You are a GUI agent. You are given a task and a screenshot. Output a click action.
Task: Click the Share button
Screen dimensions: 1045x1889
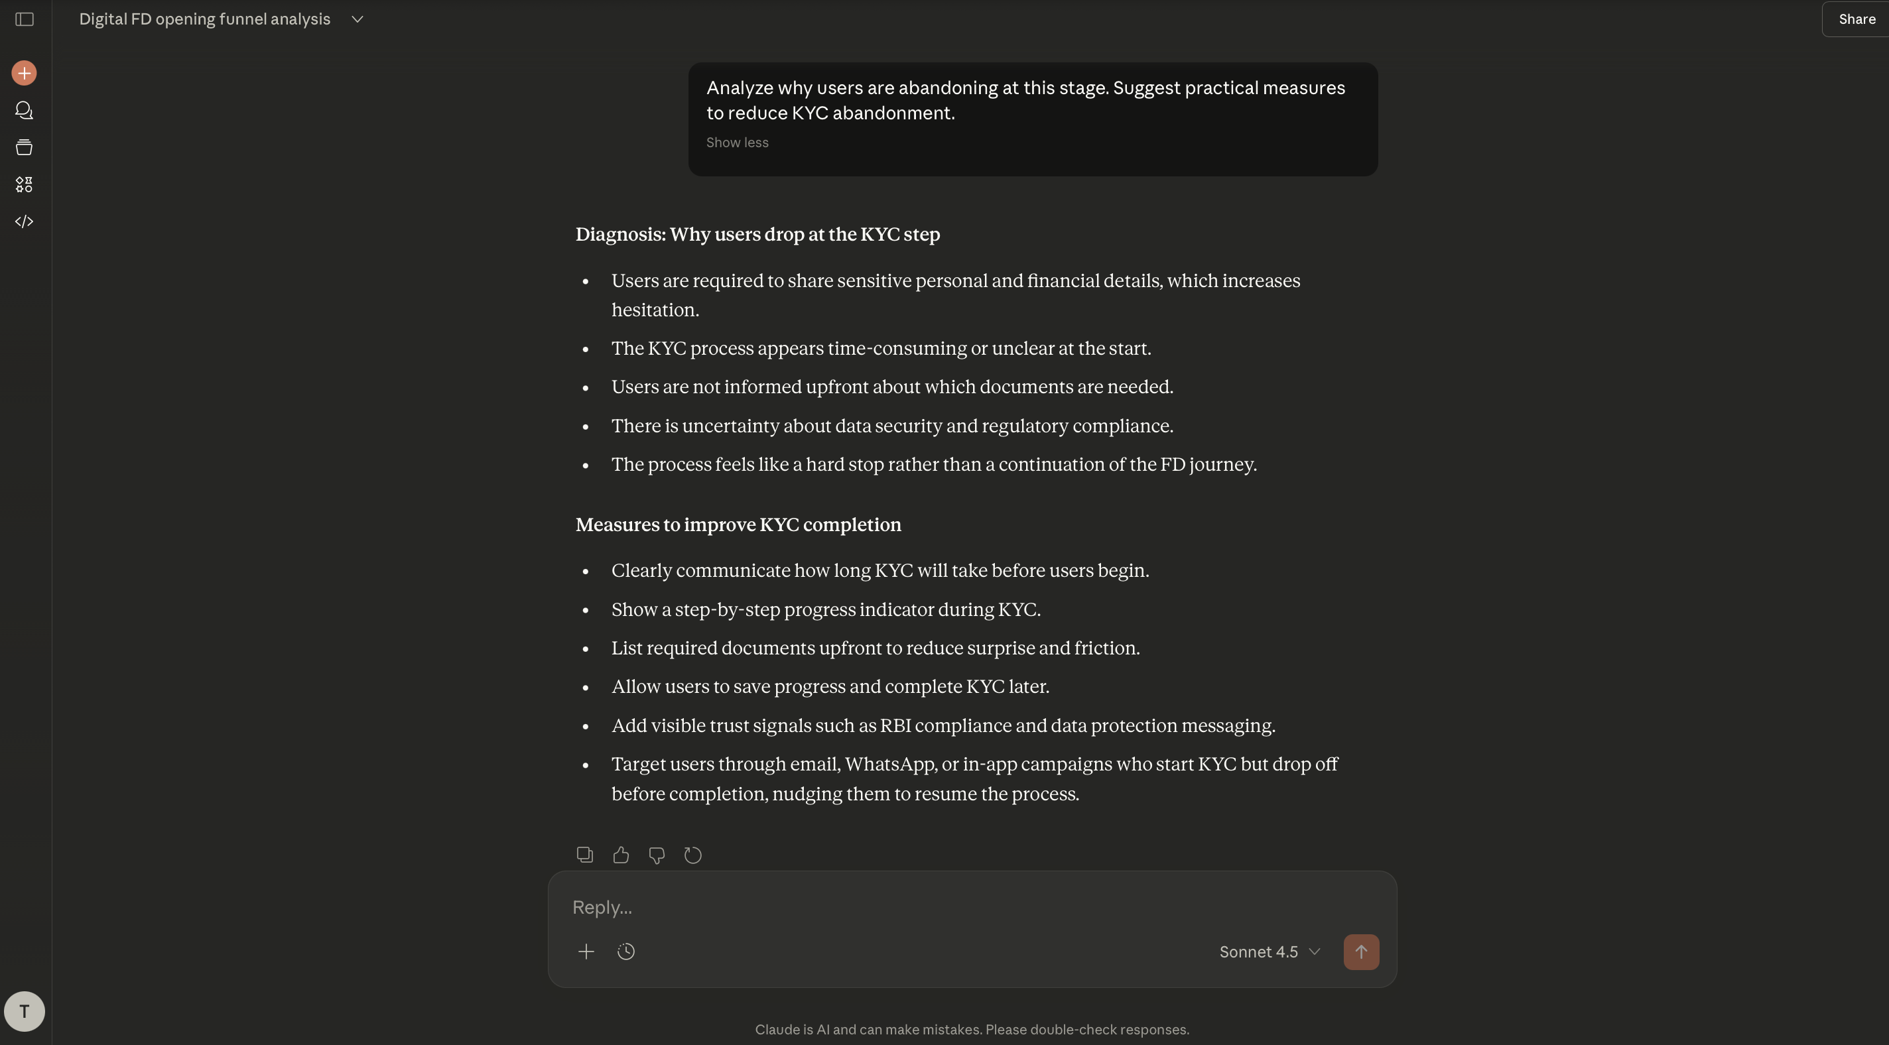(1855, 20)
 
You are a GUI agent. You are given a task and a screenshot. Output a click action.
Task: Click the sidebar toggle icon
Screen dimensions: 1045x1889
(24, 20)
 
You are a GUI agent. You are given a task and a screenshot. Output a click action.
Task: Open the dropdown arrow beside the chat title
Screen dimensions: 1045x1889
(357, 20)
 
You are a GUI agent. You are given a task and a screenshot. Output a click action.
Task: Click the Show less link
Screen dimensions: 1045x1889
(737, 143)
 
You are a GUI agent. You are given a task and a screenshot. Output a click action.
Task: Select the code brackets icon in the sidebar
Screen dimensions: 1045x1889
(24, 221)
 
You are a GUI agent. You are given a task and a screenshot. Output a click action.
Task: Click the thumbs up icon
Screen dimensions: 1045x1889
(620, 855)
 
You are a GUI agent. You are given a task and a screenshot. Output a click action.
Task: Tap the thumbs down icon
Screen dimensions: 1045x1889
(657, 855)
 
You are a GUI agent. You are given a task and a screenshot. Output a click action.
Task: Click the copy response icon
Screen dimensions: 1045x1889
(584, 855)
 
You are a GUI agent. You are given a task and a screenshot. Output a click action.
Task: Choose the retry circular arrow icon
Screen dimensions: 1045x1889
(692, 855)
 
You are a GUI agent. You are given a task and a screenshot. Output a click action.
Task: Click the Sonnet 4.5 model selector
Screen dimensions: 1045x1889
(1270, 952)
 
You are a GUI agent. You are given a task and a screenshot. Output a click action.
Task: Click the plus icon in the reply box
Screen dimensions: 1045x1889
(586, 952)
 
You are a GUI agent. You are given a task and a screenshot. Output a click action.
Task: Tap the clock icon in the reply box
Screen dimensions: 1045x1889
(625, 952)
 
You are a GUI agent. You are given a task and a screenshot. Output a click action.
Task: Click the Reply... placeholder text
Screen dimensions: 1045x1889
(602, 908)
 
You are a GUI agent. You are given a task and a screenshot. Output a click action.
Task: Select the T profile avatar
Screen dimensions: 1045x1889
(24, 1011)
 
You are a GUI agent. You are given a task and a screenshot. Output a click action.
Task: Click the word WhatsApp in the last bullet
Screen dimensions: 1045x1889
(889, 764)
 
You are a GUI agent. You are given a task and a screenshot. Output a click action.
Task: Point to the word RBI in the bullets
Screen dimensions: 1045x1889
(895, 726)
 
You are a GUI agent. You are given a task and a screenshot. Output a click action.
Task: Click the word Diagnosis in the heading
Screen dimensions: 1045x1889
(619, 235)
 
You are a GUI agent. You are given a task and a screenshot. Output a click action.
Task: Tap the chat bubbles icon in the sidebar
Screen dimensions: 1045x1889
(24, 111)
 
